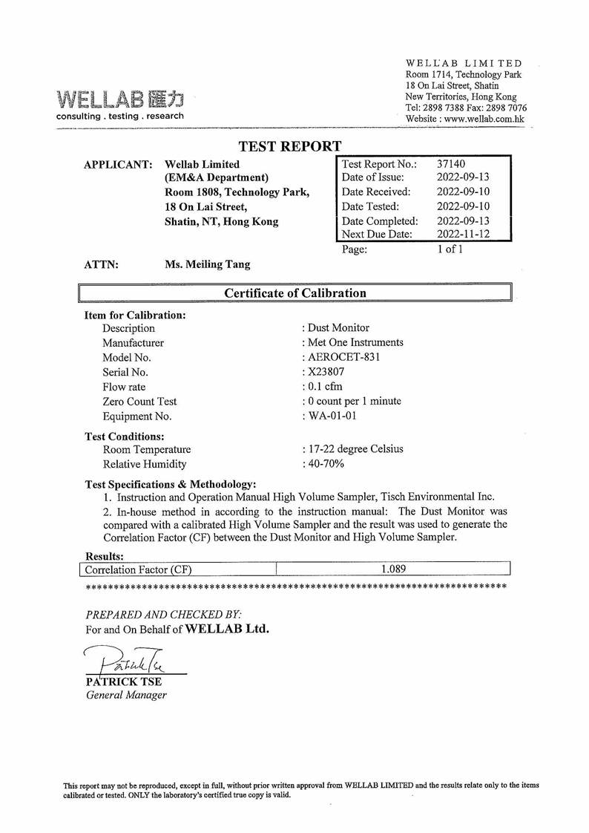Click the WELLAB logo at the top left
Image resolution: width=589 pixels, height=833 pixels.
pos(119,99)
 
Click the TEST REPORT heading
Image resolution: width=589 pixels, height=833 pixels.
pos(290,147)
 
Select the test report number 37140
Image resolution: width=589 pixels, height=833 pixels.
pos(451,163)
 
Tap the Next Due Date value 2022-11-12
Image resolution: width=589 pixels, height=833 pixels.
pos(463,235)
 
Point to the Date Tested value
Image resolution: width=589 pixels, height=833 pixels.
pos(463,206)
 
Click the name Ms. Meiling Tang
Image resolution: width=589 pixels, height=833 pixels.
pos(207,264)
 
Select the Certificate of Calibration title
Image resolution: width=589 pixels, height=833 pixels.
pos(294,293)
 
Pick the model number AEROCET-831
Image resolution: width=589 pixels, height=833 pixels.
pos(344,357)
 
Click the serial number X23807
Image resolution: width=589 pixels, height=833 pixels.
pos(325,372)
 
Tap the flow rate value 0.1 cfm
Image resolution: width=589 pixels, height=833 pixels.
pos(325,387)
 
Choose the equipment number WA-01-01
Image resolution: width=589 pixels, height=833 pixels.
pos(332,416)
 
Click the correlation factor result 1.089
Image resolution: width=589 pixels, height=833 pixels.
pos(393,569)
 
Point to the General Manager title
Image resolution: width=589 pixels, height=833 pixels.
pos(126,695)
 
